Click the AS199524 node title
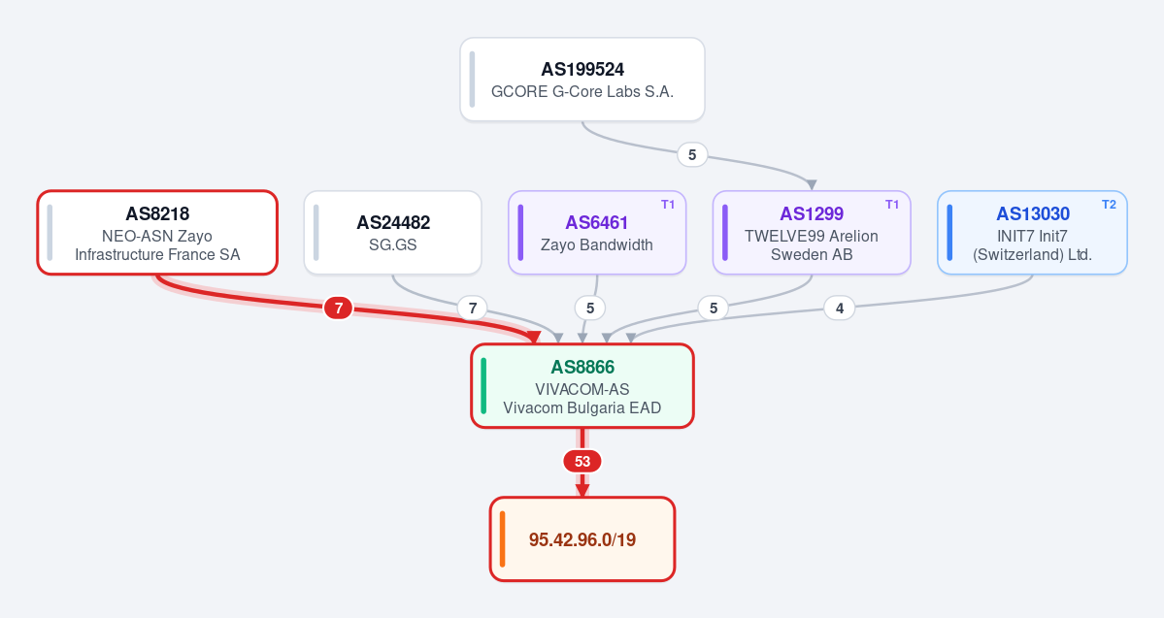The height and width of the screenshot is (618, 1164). pyautogui.click(x=582, y=70)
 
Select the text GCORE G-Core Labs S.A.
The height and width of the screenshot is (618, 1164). pyautogui.click(x=582, y=92)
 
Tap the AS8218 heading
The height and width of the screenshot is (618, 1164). pyautogui.click(x=157, y=213)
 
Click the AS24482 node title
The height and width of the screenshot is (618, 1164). pyautogui.click(x=393, y=222)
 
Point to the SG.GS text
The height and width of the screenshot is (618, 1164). pyautogui.click(x=393, y=244)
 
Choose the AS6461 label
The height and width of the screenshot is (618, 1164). pyautogui.click(x=597, y=222)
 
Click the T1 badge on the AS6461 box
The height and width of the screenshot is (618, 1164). pyautogui.click(x=668, y=205)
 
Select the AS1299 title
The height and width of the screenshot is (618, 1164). pyautogui.click(x=812, y=213)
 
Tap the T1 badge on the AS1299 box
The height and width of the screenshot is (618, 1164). pyautogui.click(x=892, y=205)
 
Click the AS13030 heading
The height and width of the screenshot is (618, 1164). pyautogui.click(x=1033, y=213)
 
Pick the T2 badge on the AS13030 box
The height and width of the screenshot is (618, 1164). pyautogui.click(x=1109, y=205)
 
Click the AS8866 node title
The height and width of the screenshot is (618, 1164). pyautogui.click(x=582, y=368)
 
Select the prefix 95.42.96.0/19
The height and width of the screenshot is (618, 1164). pyautogui.click(x=582, y=539)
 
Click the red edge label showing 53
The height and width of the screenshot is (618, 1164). pyautogui.click(x=582, y=462)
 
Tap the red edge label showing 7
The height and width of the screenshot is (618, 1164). pyautogui.click(x=339, y=308)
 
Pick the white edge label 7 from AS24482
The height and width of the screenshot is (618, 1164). pyautogui.click(x=472, y=308)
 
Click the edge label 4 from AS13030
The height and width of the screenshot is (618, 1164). pyautogui.click(x=840, y=308)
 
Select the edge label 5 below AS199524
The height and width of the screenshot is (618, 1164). pyautogui.click(x=692, y=155)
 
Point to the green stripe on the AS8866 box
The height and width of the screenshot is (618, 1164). pyautogui.click(x=484, y=386)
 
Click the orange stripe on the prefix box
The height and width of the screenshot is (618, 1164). pyautogui.click(x=503, y=539)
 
